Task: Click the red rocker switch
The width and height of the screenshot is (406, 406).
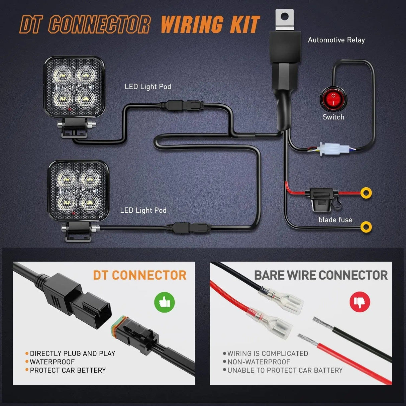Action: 333,99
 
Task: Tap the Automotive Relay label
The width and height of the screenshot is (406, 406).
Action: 336,40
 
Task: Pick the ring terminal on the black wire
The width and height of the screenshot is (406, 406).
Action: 366,227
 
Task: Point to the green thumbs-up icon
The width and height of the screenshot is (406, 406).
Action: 165,302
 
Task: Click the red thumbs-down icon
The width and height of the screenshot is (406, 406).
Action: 360,302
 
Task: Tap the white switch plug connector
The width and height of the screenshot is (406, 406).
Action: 329,149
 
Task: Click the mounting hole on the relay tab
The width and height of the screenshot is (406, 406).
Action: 285,15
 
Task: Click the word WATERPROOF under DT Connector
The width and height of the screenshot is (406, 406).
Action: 52,362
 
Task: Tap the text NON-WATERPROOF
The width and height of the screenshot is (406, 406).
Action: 259,362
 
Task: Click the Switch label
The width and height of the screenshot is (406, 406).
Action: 333,117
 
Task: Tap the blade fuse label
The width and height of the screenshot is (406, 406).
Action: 335,220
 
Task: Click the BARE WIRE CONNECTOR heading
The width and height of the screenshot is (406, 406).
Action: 321,275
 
